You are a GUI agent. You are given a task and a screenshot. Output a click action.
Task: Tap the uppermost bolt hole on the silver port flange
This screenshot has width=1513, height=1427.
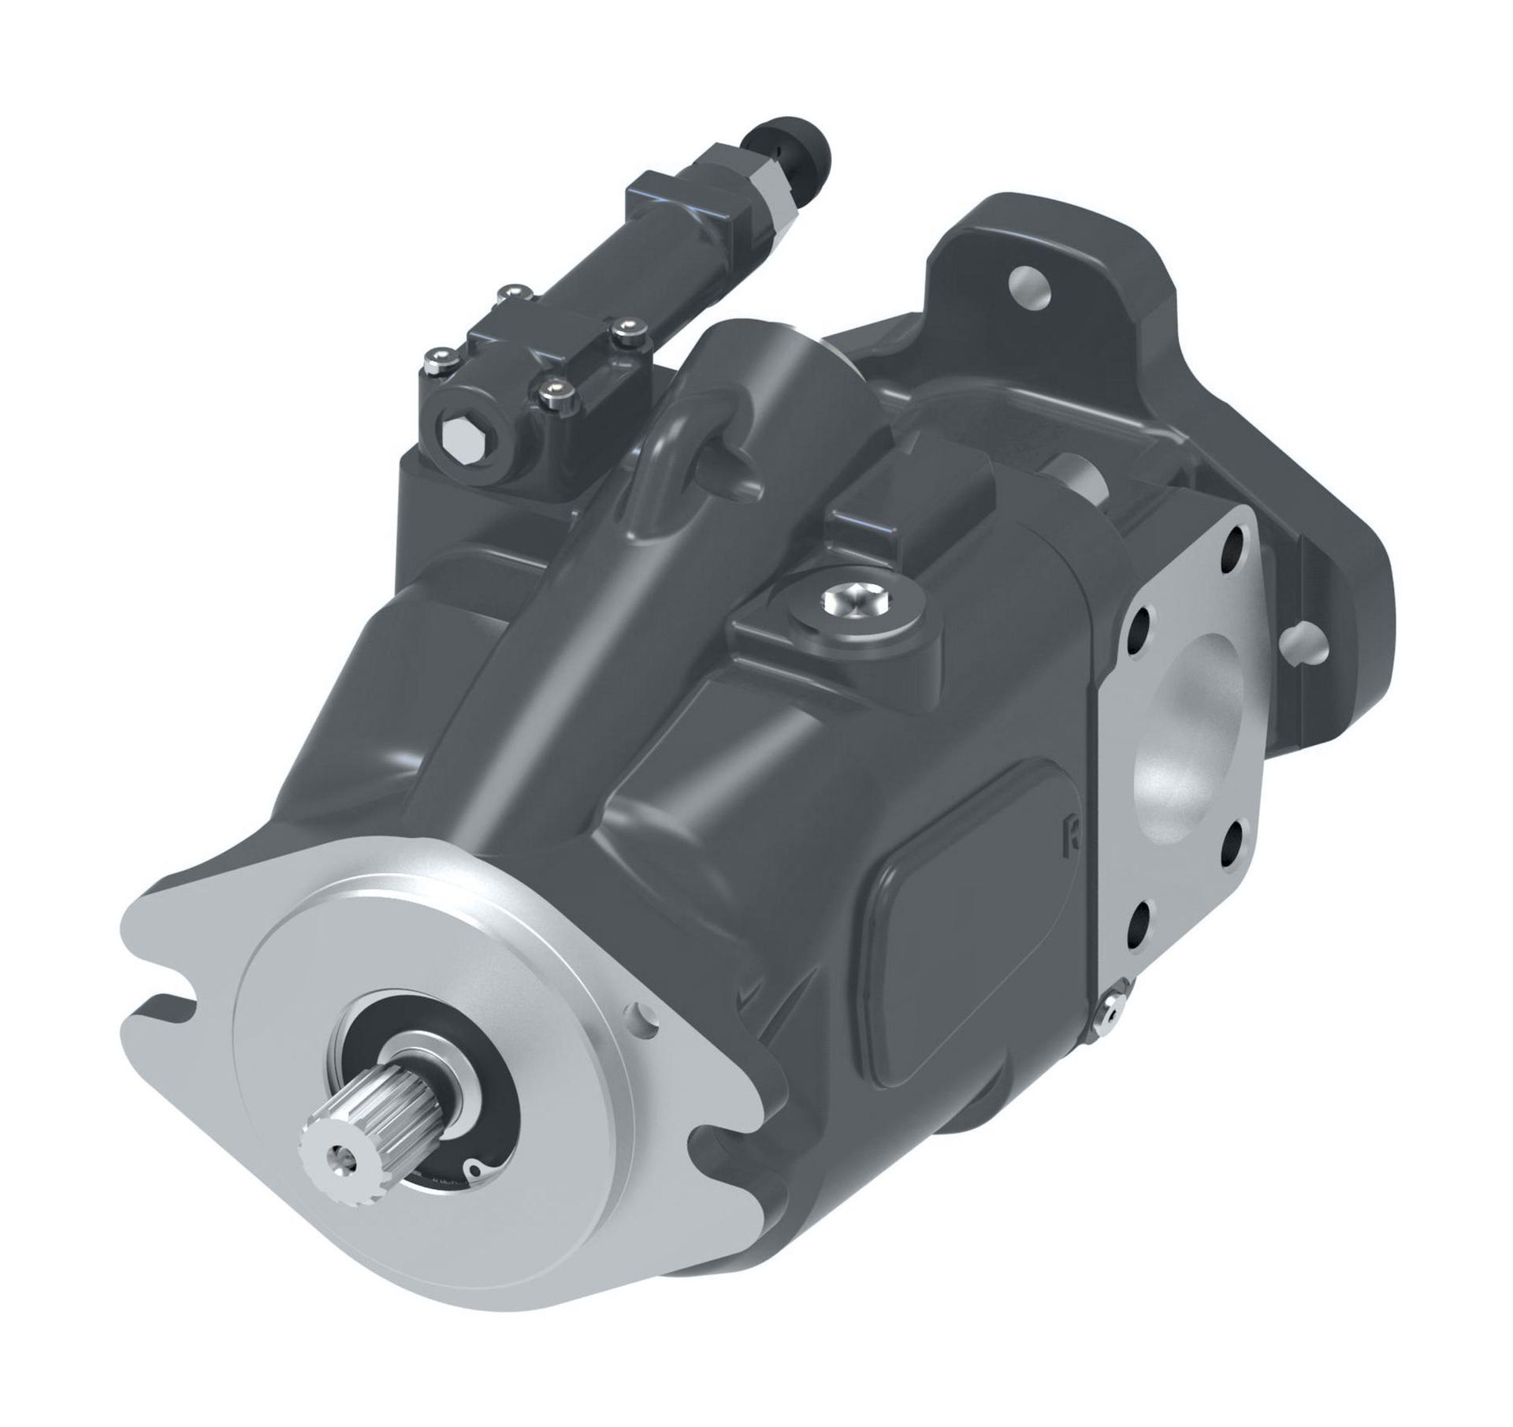tap(1233, 544)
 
